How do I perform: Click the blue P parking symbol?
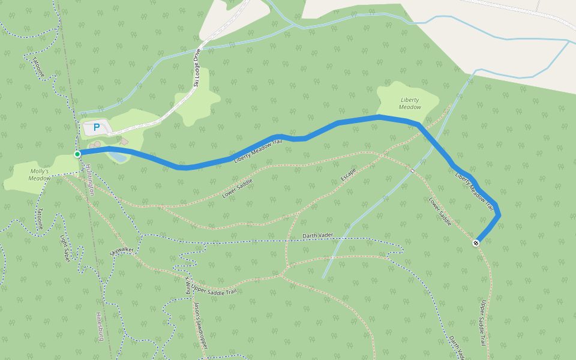(x=96, y=128)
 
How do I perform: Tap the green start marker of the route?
(x=77, y=154)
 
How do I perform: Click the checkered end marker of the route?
(x=476, y=243)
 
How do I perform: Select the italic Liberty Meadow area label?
(x=410, y=103)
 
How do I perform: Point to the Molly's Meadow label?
(x=40, y=174)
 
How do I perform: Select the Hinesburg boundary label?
(x=100, y=326)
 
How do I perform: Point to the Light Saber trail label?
(x=65, y=248)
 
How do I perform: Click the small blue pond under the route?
(x=118, y=157)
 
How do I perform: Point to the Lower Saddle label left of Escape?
(x=237, y=188)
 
